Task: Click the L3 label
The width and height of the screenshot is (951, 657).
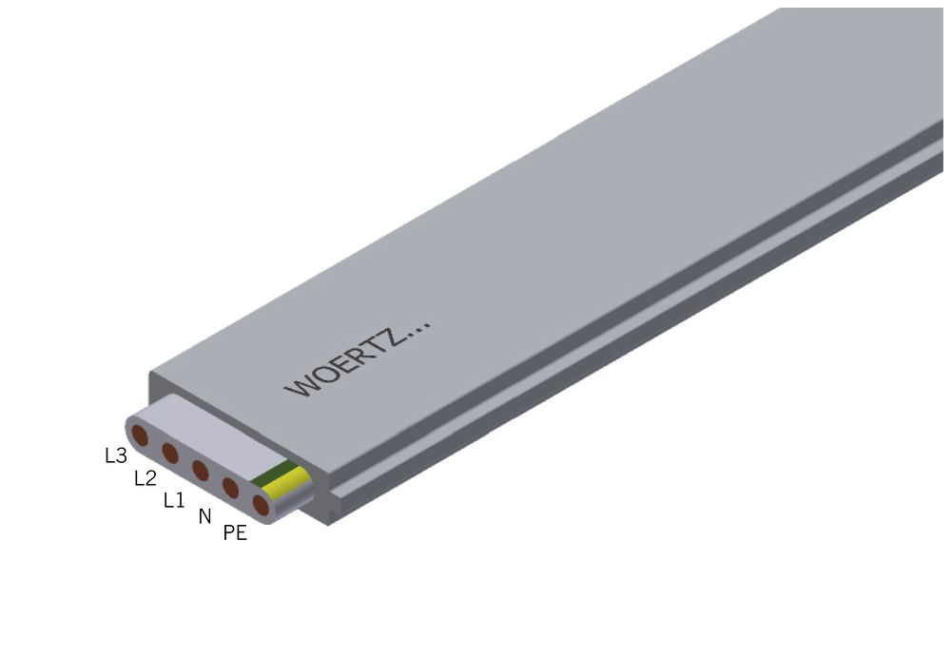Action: coord(115,455)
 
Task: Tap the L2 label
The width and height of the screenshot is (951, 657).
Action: coord(145,478)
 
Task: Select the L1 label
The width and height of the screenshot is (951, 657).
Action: coord(174,499)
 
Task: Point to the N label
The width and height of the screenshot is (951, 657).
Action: coord(204,516)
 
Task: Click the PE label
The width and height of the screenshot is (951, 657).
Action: coord(235,533)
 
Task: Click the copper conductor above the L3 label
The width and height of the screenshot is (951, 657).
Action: coord(140,436)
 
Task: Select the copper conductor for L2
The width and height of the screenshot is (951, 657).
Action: coord(170,453)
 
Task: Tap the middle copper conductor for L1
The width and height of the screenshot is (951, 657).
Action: coord(200,470)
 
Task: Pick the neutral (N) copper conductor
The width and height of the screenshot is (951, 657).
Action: coord(230,488)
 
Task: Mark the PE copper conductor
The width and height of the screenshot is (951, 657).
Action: coord(260,505)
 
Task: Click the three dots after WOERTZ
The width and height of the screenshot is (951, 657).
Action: coord(419,326)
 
